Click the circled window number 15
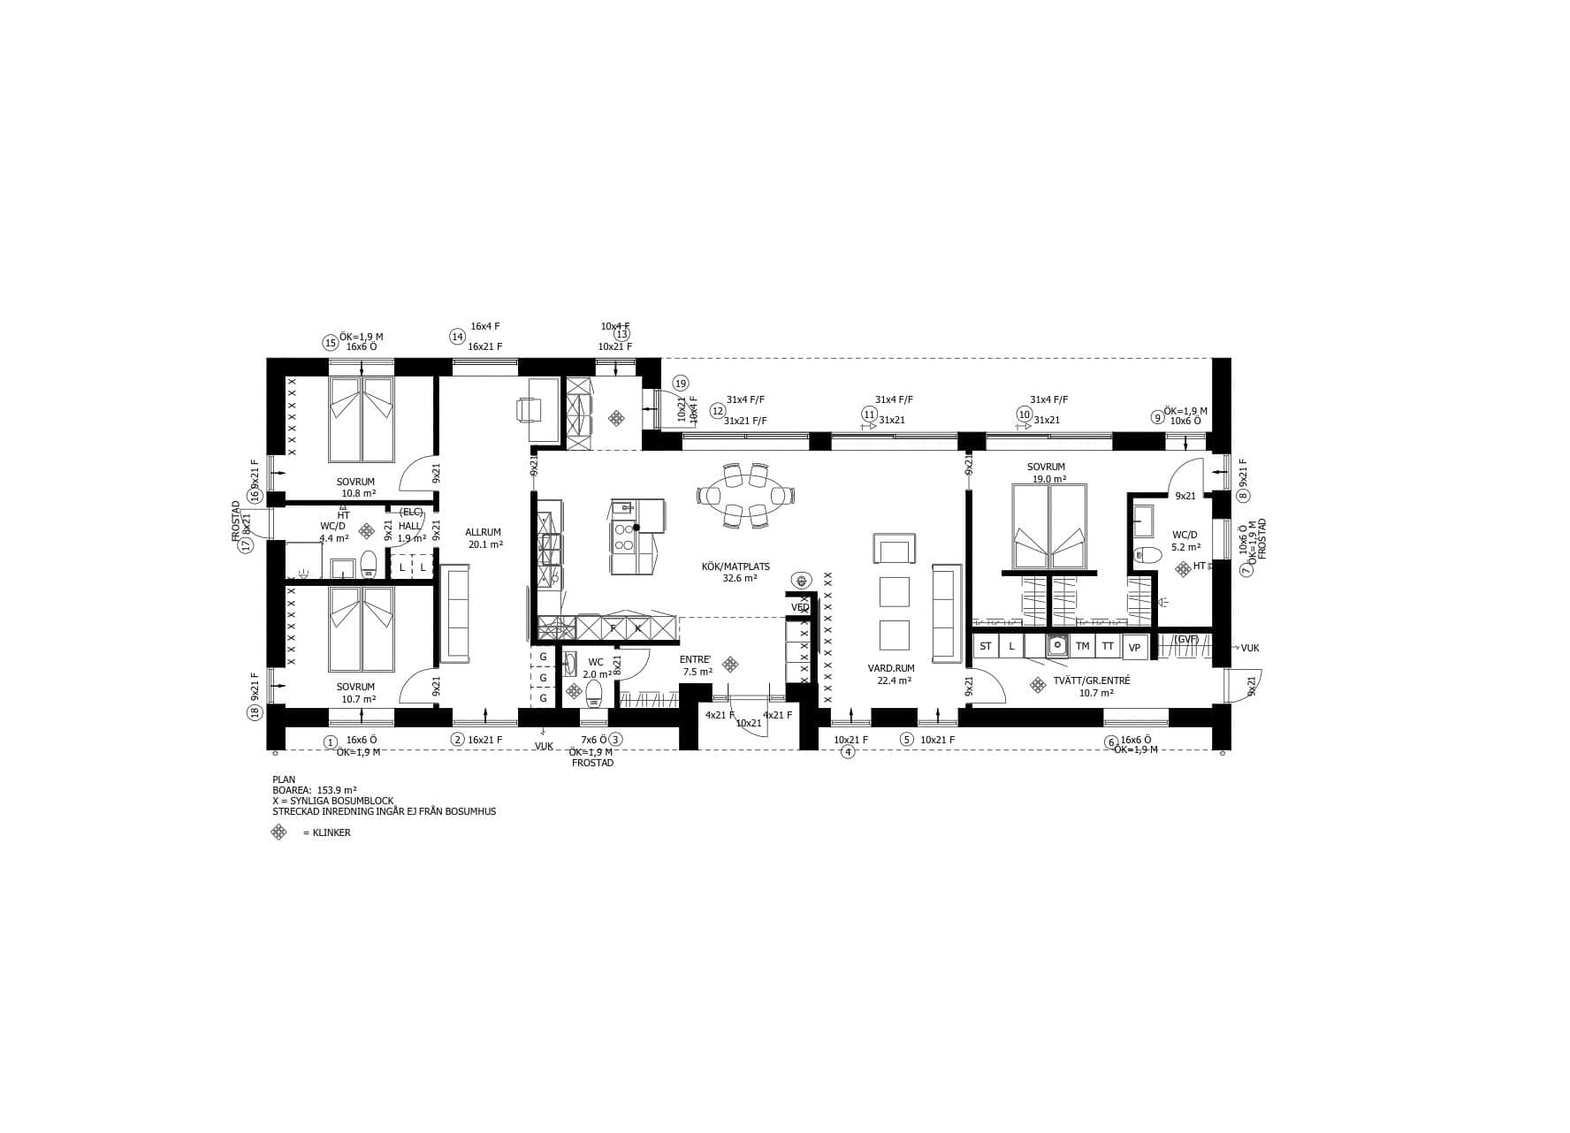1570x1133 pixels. click(330, 343)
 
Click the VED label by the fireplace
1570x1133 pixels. click(799, 607)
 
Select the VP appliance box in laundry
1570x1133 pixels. click(1135, 648)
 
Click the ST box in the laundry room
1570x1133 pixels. click(985, 647)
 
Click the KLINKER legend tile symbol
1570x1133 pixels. click(278, 833)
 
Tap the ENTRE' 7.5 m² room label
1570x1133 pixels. click(697, 665)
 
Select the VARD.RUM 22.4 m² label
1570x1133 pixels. click(890, 674)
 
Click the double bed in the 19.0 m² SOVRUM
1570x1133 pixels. click(1048, 526)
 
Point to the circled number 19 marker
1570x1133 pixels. click(680, 384)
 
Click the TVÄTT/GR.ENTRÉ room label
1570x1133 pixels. click(1079, 687)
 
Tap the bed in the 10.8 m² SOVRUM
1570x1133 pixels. click(361, 420)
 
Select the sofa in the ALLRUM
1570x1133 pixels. click(455, 615)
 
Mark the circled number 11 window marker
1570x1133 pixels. click(869, 414)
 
